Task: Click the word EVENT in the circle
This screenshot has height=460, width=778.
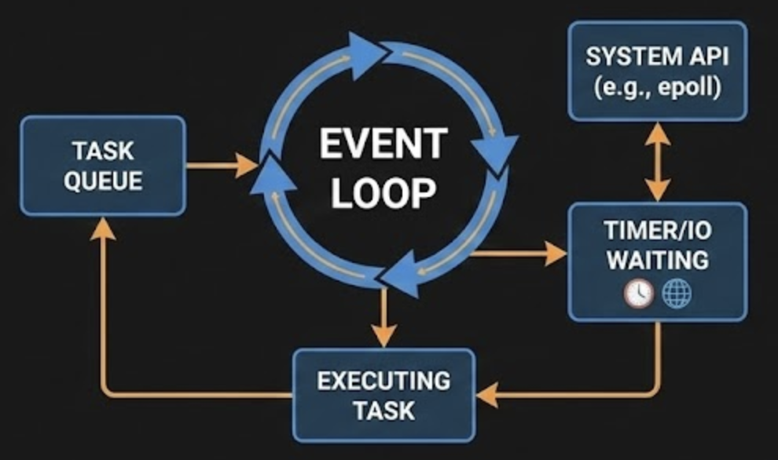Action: click(x=383, y=145)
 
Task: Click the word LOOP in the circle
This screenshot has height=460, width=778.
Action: click(x=383, y=192)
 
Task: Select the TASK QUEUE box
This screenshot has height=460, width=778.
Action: click(x=103, y=166)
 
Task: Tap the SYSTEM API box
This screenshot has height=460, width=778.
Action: click(x=657, y=71)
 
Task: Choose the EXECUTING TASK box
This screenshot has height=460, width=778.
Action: click(x=383, y=395)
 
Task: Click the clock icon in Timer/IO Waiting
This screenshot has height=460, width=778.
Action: click(x=638, y=294)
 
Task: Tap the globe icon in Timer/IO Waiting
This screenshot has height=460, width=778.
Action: click(x=677, y=294)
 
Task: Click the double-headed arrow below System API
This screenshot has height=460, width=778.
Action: click(x=657, y=162)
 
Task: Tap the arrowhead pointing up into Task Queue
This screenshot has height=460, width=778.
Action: click(x=103, y=228)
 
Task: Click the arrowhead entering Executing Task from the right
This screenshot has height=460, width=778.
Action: click(x=487, y=395)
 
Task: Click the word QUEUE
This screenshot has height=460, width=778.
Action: click(x=103, y=181)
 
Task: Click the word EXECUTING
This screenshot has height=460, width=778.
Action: click(x=383, y=381)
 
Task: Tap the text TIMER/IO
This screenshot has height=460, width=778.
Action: click(x=657, y=231)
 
